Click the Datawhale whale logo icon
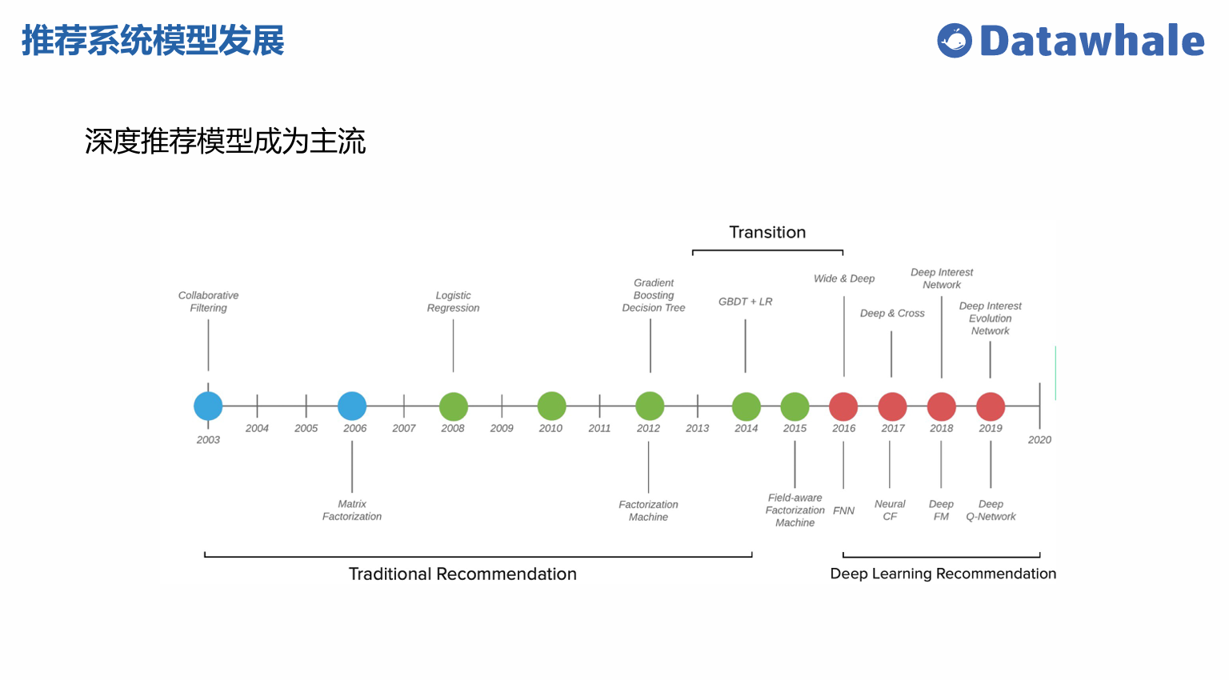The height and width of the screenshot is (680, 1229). (955, 41)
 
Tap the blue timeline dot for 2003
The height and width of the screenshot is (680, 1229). (208, 406)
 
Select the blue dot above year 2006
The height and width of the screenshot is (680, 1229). (352, 406)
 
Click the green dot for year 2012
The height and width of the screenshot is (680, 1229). (650, 406)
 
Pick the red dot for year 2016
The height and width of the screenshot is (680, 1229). (843, 406)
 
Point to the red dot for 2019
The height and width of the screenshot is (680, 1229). (991, 406)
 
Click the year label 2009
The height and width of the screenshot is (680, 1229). (502, 429)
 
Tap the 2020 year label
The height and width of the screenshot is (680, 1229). (1039, 440)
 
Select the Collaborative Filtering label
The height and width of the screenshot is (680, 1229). (208, 302)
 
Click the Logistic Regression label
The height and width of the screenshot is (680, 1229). (453, 302)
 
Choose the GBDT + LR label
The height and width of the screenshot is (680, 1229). (745, 302)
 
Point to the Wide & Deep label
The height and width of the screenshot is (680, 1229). (844, 278)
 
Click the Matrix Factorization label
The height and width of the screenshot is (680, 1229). (352, 510)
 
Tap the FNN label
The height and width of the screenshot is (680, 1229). (843, 510)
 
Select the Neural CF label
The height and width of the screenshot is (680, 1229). (890, 510)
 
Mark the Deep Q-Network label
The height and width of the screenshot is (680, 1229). (991, 510)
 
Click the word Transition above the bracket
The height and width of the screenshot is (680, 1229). (767, 232)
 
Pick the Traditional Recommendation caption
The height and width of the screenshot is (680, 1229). (462, 574)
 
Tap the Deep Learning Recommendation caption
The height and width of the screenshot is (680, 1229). (943, 574)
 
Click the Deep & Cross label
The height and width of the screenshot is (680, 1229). (892, 314)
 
